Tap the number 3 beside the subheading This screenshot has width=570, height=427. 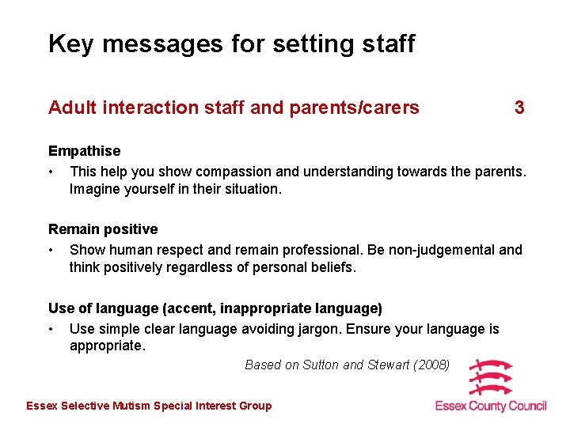pyautogui.click(x=519, y=108)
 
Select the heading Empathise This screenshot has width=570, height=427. pyautogui.click(x=85, y=151)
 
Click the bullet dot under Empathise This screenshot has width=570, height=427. pyautogui.click(x=51, y=172)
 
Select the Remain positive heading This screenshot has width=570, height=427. pyautogui.click(x=103, y=229)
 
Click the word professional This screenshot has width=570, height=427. pyautogui.click(x=324, y=250)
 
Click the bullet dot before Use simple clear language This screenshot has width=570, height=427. pyautogui.click(x=51, y=329)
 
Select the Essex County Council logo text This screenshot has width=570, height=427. pyautogui.click(x=491, y=406)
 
